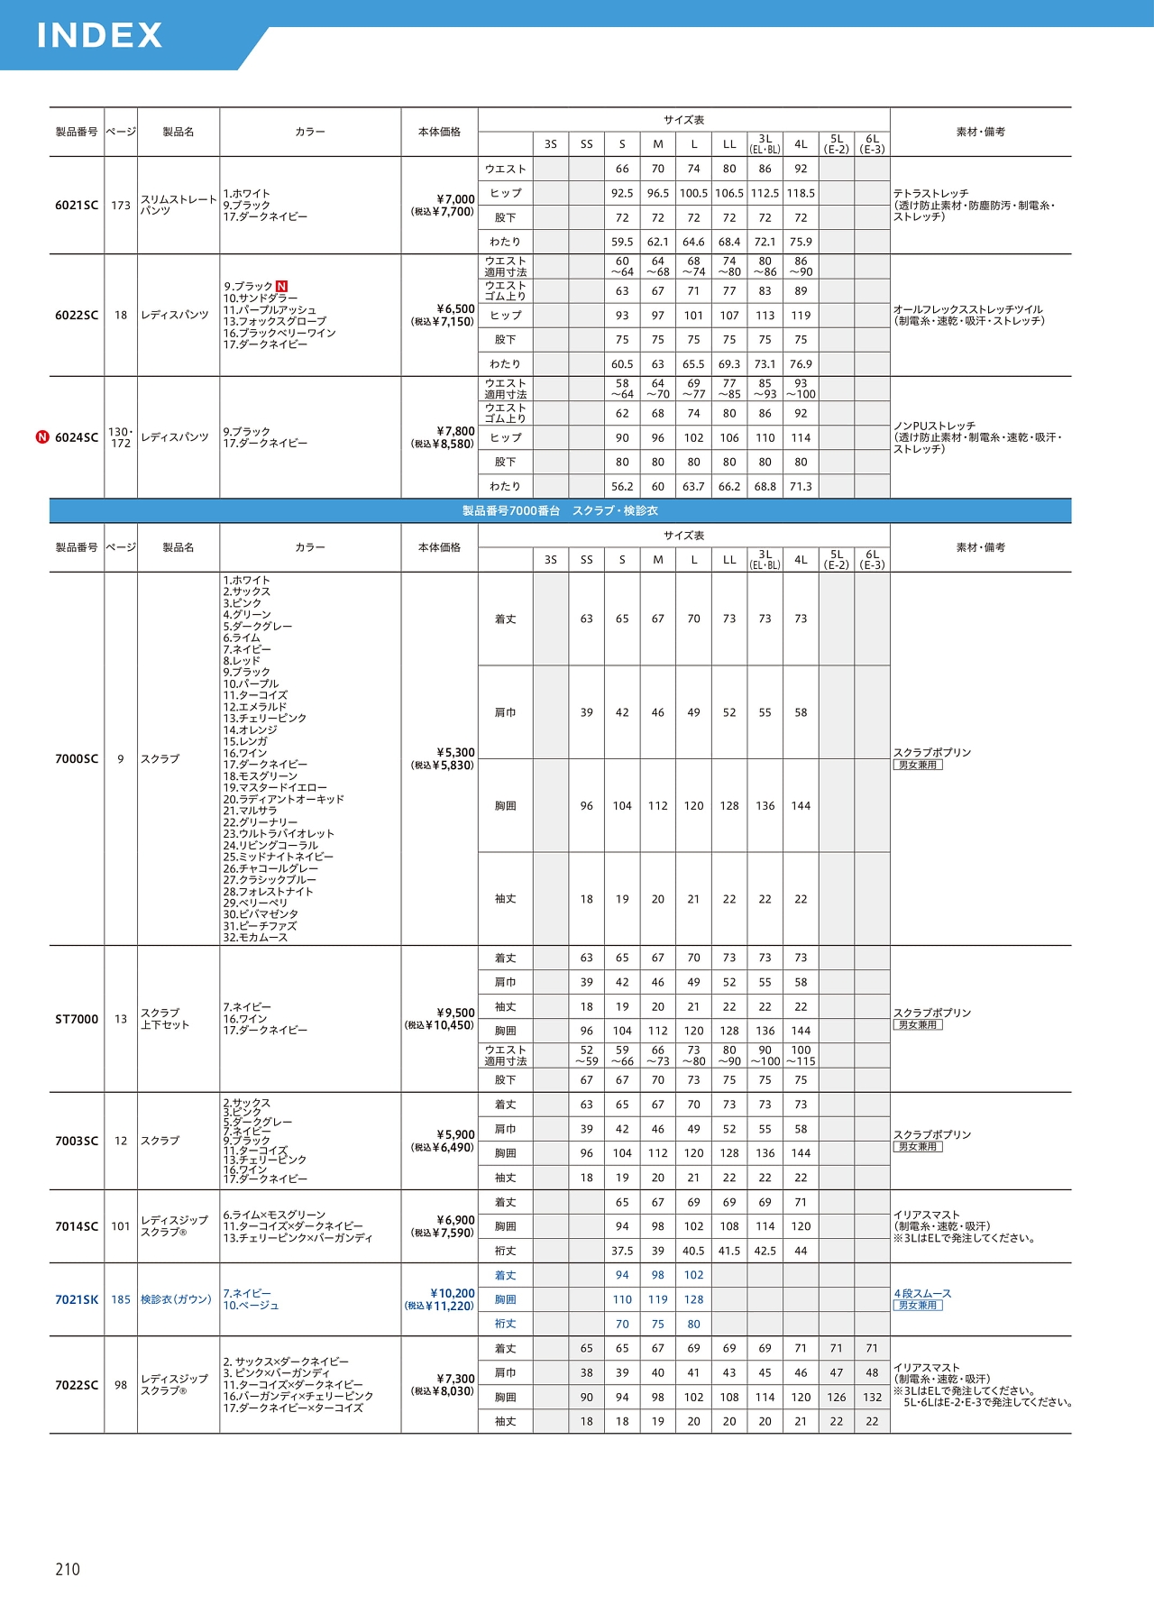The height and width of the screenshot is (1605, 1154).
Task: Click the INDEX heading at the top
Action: (x=99, y=35)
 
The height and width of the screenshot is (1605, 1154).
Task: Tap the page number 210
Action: (x=68, y=1569)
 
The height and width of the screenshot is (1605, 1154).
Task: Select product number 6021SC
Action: (x=77, y=206)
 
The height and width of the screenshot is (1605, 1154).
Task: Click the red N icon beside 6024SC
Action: (x=42, y=437)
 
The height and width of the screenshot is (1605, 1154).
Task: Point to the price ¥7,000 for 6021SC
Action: (x=455, y=199)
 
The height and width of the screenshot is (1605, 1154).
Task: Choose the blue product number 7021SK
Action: (x=77, y=1299)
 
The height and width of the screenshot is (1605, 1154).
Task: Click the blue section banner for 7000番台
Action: (x=560, y=510)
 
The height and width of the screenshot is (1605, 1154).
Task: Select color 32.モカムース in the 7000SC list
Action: (x=256, y=938)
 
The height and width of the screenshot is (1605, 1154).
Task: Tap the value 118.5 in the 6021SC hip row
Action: (x=801, y=193)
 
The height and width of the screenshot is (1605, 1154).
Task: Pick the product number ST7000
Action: (x=77, y=1019)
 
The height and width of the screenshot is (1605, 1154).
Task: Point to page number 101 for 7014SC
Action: (x=121, y=1226)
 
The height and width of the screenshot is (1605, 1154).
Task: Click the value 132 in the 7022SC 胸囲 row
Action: (x=872, y=1397)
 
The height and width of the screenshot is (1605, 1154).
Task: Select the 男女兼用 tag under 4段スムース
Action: (x=918, y=1306)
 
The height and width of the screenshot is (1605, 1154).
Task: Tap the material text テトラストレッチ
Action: (x=930, y=194)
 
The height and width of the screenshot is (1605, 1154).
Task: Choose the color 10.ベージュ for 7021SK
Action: (x=252, y=1306)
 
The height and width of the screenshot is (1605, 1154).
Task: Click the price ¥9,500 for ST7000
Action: (x=455, y=1013)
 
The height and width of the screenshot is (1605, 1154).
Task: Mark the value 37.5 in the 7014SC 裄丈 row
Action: (x=622, y=1251)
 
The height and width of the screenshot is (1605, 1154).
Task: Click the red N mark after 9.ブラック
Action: (x=281, y=287)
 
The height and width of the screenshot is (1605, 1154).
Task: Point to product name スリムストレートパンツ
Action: (x=179, y=205)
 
